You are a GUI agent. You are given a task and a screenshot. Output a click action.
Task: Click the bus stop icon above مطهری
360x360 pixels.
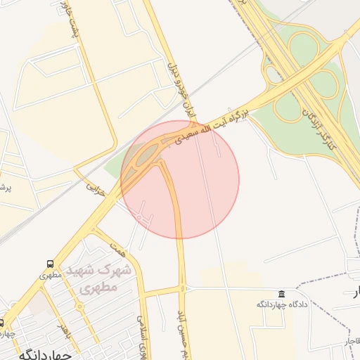click(49, 264)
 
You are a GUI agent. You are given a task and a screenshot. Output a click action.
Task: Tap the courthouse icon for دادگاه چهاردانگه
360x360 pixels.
click(282, 293)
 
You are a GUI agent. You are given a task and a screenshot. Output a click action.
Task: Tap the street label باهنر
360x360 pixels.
click(64, 328)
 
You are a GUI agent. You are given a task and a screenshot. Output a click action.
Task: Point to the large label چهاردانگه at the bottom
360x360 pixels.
click(46, 354)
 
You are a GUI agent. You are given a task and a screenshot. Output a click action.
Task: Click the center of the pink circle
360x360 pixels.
click(180, 179)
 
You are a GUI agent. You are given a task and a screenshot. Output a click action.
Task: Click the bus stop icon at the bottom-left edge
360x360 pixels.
click(2, 322)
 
